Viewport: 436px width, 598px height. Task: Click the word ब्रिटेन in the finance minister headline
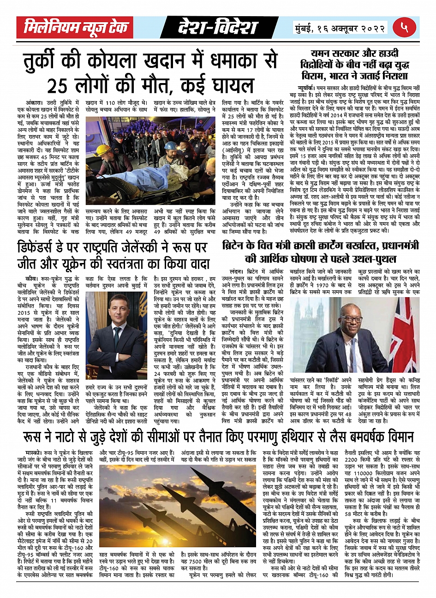[237, 245]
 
